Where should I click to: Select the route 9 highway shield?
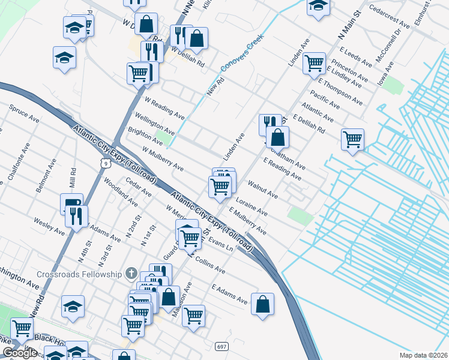click(105, 163)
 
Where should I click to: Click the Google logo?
click(19, 353)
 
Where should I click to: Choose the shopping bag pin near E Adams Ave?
click(263, 304)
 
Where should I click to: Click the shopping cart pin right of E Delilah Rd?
click(352, 139)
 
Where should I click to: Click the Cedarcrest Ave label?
click(390, 17)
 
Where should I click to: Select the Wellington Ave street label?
click(155, 124)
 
